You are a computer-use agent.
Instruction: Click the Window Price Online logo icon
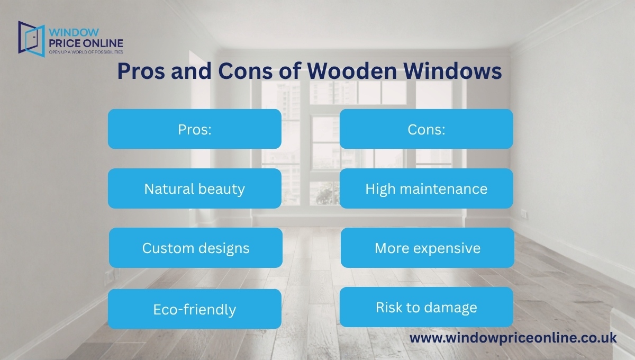coord(31,39)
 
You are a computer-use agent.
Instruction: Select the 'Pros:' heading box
coord(194,129)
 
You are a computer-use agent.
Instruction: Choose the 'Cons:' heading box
coord(426,129)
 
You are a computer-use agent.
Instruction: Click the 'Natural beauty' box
coord(194,188)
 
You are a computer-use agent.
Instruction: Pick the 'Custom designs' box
coord(195,248)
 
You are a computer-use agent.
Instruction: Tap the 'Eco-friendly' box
coord(194,309)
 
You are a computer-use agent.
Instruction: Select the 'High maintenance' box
coord(426,188)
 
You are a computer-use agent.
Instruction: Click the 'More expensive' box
coord(427,248)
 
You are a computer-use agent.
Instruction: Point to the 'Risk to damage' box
coord(426,307)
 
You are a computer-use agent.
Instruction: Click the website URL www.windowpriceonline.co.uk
coord(513,338)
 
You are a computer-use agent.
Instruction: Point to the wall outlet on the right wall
coord(524,214)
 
